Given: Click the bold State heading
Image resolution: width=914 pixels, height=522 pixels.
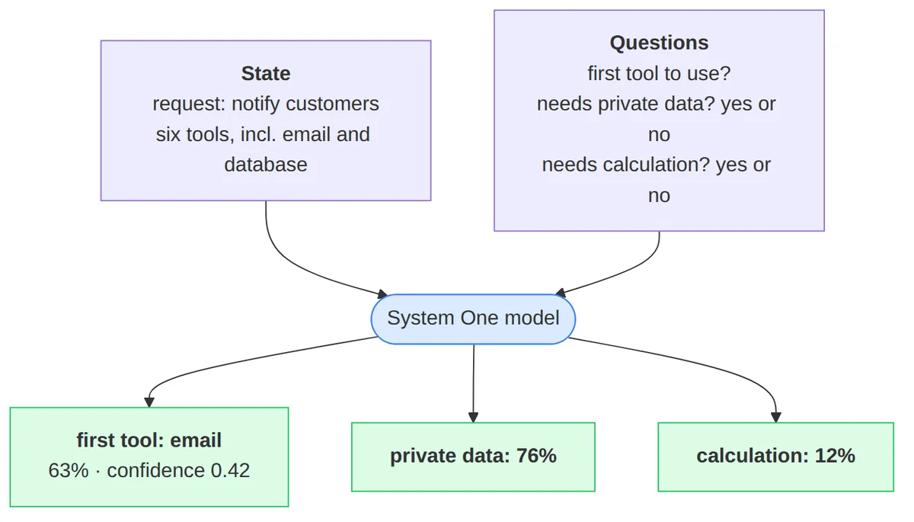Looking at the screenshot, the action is [x=266, y=73].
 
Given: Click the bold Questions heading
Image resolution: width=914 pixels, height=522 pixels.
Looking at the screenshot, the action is [x=659, y=43].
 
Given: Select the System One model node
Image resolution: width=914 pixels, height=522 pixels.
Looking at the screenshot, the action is [x=473, y=319].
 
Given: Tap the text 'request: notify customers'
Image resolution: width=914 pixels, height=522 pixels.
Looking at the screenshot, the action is [x=266, y=104].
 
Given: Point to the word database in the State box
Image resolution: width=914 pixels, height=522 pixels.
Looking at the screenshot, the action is [x=266, y=165].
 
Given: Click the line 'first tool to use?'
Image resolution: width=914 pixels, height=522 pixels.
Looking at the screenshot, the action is [x=659, y=73].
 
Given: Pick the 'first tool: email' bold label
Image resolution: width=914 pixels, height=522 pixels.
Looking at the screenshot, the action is [x=149, y=440].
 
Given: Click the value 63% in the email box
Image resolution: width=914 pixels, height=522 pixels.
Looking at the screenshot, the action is [x=68, y=471].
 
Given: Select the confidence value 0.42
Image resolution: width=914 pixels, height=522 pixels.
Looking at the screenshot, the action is [x=230, y=471].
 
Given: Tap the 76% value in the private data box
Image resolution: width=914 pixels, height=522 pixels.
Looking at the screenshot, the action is [x=536, y=456].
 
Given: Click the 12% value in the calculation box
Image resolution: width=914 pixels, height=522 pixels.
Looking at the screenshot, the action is [x=835, y=456].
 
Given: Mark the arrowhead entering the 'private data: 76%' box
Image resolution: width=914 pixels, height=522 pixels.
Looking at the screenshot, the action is [x=473, y=418].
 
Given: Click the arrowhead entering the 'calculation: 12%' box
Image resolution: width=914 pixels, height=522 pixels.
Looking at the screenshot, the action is [x=775, y=418].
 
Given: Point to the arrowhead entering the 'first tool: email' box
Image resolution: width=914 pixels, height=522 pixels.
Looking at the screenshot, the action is [x=149, y=402].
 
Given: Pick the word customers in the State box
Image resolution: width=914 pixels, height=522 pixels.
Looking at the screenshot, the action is [x=332, y=104].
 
